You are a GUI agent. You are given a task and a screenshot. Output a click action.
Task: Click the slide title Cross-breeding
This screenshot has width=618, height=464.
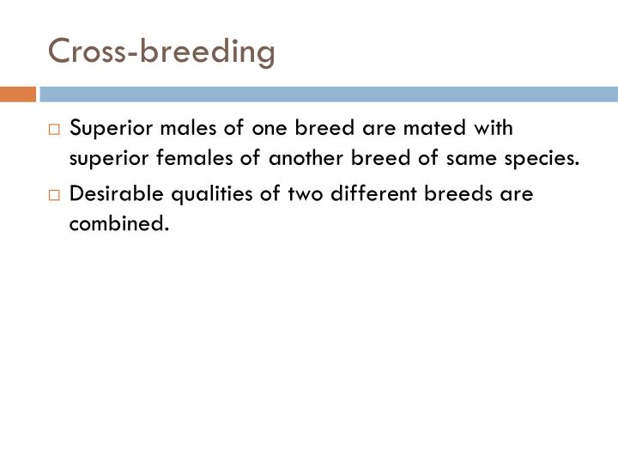(x=161, y=52)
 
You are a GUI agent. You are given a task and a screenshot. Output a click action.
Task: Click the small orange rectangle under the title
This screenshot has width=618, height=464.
(x=17, y=94)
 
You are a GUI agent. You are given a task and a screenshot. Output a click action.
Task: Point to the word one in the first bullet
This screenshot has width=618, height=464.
(x=264, y=129)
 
